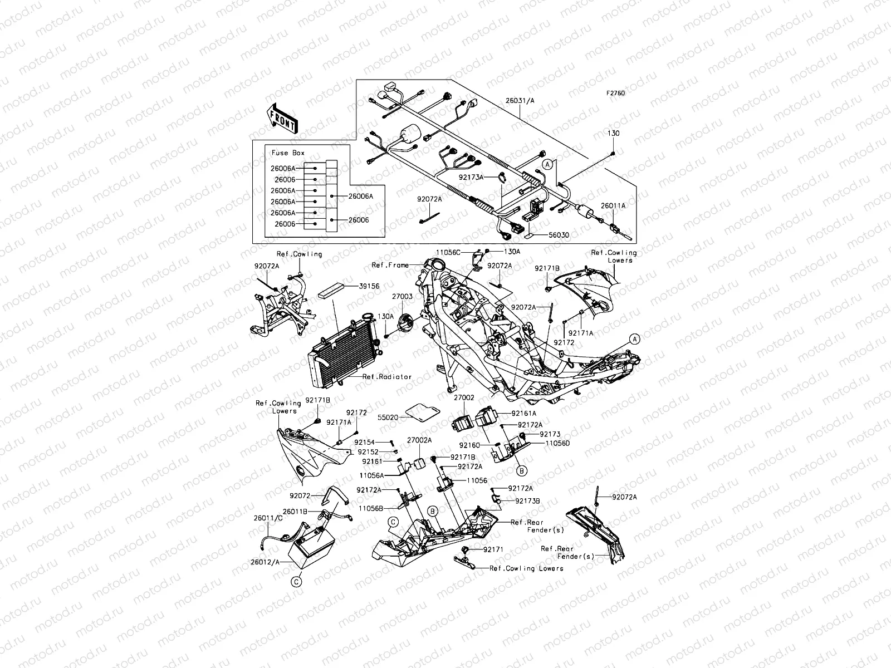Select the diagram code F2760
(616, 94)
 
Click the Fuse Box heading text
(288, 153)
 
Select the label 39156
(369, 286)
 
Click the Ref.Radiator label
(387, 377)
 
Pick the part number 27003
(402, 297)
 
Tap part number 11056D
(557, 444)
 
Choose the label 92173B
(527, 501)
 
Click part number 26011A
(613, 205)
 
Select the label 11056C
(449, 252)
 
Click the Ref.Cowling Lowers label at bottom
(526, 568)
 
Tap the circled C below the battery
(296, 582)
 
